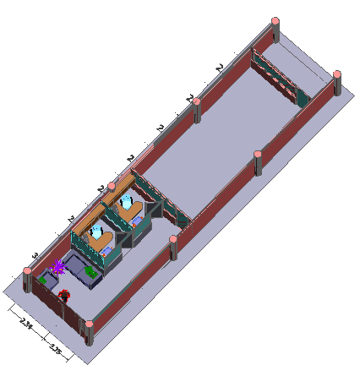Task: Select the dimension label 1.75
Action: tap(55, 346)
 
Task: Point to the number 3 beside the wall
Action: tap(35, 254)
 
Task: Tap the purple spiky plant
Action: tap(59, 269)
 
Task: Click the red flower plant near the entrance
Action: tap(64, 295)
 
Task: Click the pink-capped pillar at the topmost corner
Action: tap(275, 23)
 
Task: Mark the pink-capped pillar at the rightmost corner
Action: tap(336, 77)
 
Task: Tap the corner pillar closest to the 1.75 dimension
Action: tap(88, 329)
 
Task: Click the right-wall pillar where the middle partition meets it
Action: tap(173, 244)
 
